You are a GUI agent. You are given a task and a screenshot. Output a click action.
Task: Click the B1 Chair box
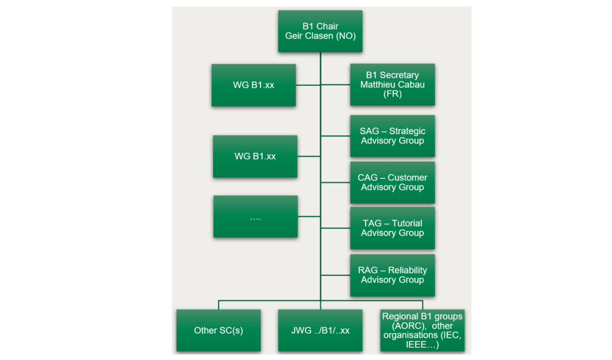pos(320,31)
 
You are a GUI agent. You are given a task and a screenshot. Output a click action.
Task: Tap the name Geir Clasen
pos(310,36)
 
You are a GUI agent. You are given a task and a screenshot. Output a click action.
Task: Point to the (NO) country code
pos(345,36)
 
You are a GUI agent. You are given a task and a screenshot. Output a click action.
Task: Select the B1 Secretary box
pos(392,85)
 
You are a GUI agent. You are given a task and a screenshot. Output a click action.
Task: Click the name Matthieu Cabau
pos(392,85)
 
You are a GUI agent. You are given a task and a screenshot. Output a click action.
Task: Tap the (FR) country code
pos(392,94)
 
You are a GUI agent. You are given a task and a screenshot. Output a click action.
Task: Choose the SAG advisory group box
pos(392,136)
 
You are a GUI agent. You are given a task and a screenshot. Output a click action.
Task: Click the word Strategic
pos(407,131)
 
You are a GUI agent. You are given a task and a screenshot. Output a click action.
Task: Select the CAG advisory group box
pos(392,183)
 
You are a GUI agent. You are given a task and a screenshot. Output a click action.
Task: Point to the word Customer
pos(407,178)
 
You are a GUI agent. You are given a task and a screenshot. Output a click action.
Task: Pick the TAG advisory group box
pos(392,228)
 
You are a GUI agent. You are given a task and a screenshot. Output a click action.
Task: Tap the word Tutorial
pos(407,224)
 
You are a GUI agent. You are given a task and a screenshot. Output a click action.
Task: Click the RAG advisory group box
pos(392,275)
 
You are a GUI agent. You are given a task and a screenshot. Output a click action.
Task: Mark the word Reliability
pos(407,270)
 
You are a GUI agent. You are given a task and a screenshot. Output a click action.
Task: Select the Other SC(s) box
pos(218,331)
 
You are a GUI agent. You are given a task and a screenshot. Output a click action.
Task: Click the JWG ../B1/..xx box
pos(320,331)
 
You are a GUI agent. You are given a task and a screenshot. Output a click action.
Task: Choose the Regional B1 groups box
pos(422,331)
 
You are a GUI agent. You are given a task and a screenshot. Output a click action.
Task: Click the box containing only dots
pos(255,216)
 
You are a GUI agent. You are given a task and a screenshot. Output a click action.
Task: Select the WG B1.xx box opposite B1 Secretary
pos(254,85)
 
